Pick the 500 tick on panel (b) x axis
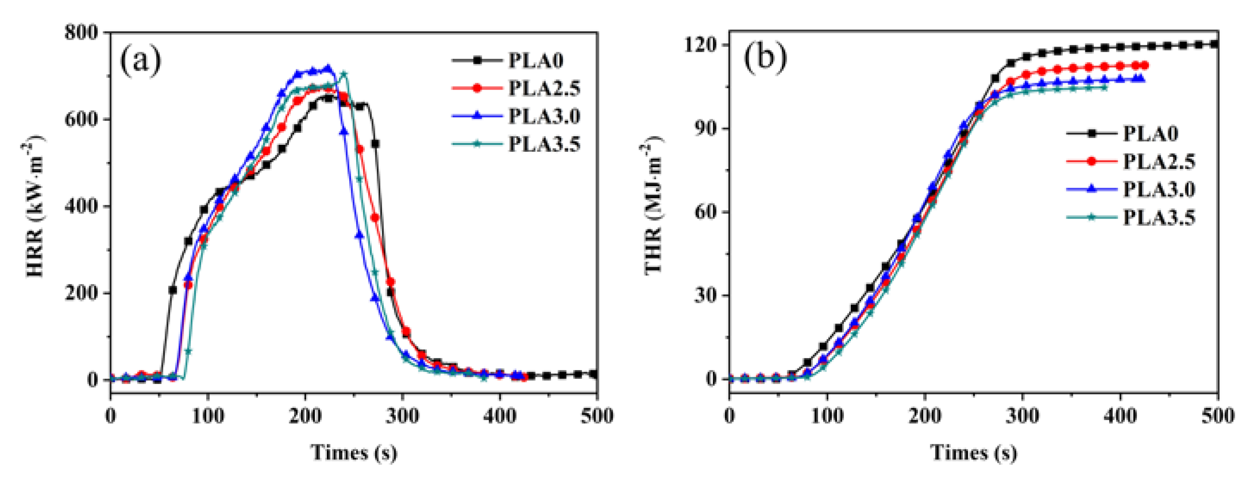click(x=1217, y=416)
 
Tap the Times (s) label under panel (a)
click(x=354, y=453)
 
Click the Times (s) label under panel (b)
click(x=974, y=453)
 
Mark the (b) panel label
click(x=765, y=58)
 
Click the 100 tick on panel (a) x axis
click(x=208, y=416)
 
